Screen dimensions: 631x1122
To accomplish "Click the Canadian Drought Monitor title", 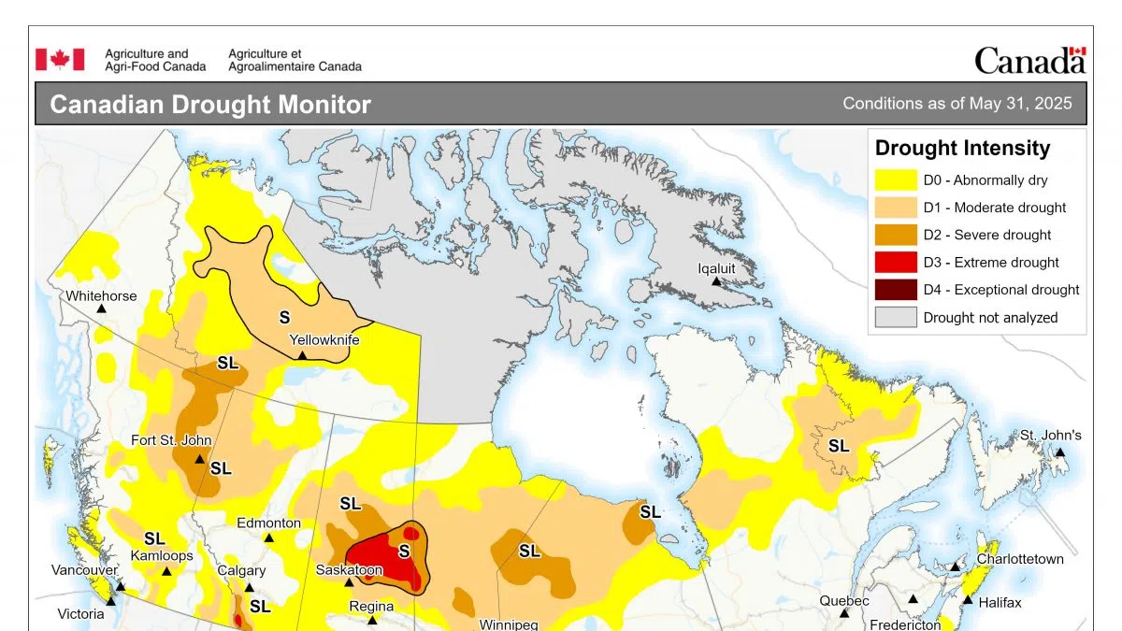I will pyautogui.click(x=209, y=105).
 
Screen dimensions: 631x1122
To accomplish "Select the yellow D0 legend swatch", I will pyautogui.click(x=895, y=179).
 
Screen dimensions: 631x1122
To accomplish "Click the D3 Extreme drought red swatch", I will pyautogui.click(x=895, y=262).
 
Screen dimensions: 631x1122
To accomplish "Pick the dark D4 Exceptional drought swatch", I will pyautogui.click(x=895, y=290).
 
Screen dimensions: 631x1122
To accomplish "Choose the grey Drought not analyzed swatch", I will pyautogui.click(x=895, y=317).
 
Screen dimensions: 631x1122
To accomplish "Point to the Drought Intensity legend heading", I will pyautogui.click(x=962, y=148).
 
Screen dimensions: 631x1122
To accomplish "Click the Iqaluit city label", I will pyautogui.click(x=716, y=268).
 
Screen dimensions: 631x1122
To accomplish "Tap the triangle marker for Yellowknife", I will pyautogui.click(x=302, y=356).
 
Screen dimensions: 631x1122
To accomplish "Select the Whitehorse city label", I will pyautogui.click(x=101, y=296).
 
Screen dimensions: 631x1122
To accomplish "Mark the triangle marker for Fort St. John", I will pyautogui.click(x=199, y=459).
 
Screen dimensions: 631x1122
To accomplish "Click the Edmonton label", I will pyautogui.click(x=268, y=523).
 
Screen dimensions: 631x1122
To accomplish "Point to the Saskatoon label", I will pyautogui.click(x=349, y=569).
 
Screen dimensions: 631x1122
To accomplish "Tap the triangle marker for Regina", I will pyautogui.click(x=372, y=620).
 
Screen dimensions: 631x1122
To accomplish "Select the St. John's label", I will pyautogui.click(x=1050, y=436).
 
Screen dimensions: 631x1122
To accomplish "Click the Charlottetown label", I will pyautogui.click(x=1020, y=559).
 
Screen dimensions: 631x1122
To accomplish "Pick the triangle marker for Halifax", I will pyautogui.click(x=968, y=600).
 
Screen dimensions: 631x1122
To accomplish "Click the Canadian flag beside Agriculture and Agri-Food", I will pyautogui.click(x=60, y=60).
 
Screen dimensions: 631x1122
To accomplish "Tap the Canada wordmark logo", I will pyautogui.click(x=1029, y=61).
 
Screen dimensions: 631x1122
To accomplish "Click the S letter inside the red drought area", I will pyautogui.click(x=404, y=551).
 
